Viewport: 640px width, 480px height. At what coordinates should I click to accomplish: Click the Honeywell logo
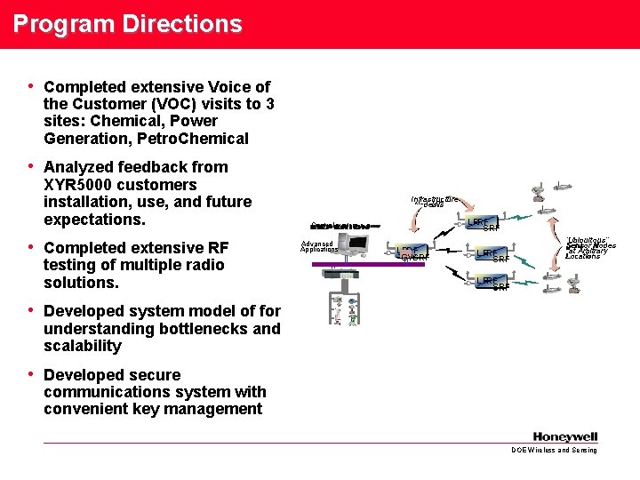pos(565,436)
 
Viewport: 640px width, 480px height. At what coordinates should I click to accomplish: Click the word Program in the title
pos(54,23)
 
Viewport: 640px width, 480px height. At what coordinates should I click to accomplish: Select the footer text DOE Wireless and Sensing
pos(554,451)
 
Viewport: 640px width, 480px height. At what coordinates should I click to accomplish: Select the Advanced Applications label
pos(317,246)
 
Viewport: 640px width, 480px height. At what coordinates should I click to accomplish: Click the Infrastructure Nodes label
pos(435,202)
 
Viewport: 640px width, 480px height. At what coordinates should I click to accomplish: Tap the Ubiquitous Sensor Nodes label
pos(590,247)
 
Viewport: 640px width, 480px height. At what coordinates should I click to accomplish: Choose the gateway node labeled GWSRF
pos(413,254)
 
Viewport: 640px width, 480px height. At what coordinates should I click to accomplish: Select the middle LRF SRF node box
pos(492,256)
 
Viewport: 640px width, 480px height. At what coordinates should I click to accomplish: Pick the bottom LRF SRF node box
pos(492,284)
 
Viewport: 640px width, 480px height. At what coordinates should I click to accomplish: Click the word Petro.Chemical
pos(201,139)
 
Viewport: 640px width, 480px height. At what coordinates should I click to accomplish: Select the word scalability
pos(82,346)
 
